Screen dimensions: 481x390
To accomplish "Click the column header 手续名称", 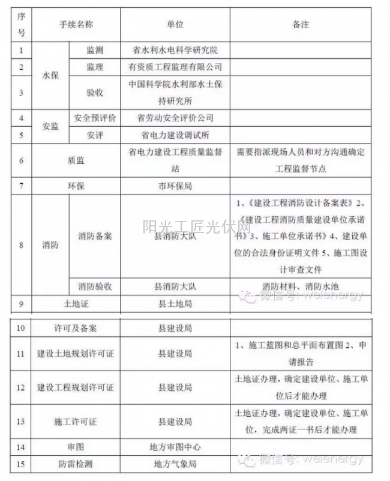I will point(76,25).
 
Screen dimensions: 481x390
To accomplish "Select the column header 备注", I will point(300,25).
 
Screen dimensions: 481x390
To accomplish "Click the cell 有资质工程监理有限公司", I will point(175,67).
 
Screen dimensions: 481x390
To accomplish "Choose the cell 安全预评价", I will point(94,118).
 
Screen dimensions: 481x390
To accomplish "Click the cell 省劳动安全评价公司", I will point(175,118).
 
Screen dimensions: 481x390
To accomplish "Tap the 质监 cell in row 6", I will point(76,160).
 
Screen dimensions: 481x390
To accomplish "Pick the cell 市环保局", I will point(175,186).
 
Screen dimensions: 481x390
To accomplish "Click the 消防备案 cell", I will point(94,235).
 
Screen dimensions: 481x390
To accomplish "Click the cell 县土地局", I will point(175,304).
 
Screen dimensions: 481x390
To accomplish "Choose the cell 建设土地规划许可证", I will point(76,354).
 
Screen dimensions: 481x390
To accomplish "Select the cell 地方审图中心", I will point(175,447).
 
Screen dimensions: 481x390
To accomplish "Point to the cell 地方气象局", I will point(175,464).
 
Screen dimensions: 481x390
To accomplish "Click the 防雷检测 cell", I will point(76,464).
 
